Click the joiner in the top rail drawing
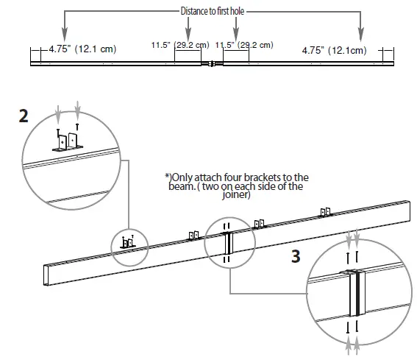coord(212,64)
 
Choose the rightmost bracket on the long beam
coord(325,211)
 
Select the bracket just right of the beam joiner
coord(258,224)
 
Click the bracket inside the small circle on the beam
coord(128,242)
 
